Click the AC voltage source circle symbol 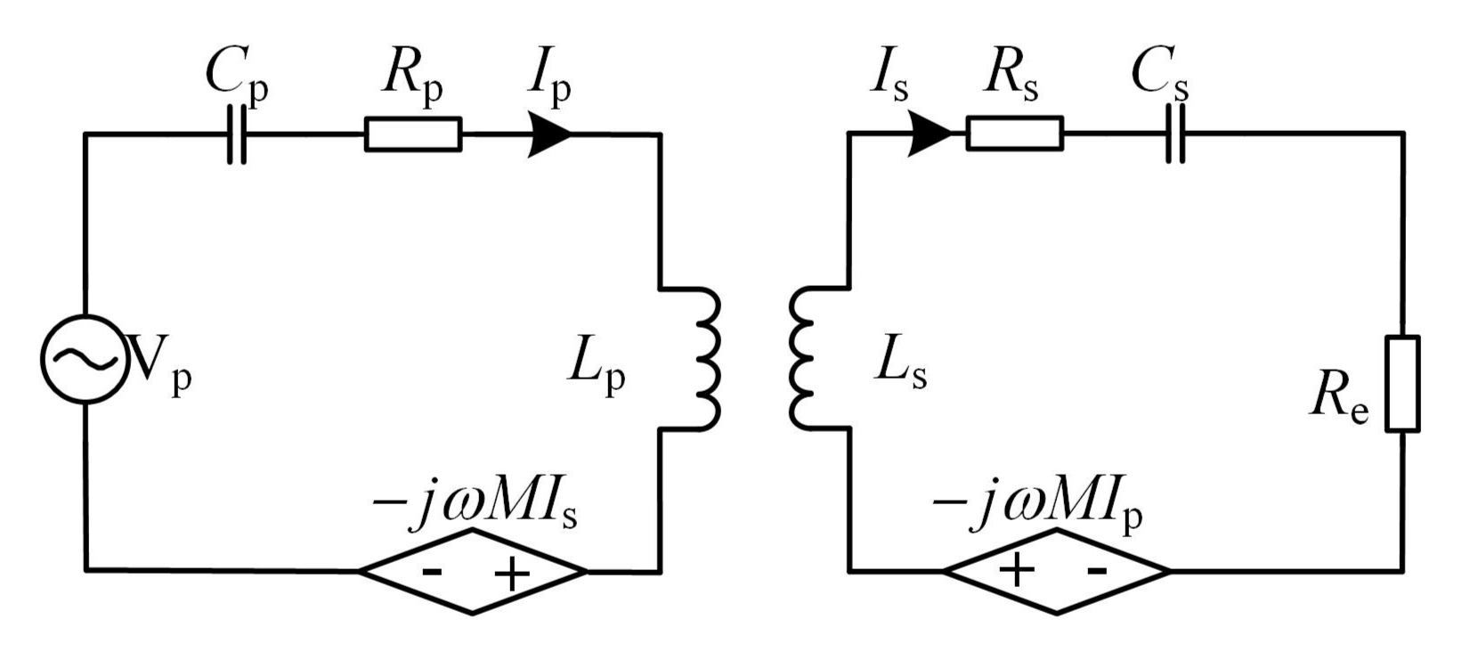(83, 358)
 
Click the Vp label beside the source (161, 363)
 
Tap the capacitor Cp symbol (236, 134)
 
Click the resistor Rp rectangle (413, 134)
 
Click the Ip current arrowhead (548, 134)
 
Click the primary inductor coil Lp (703, 359)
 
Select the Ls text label (900, 366)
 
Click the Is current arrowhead (929, 134)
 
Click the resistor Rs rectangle (1014, 134)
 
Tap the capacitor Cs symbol (1175, 134)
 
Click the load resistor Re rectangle (1403, 384)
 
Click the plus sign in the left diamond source (511, 575)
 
